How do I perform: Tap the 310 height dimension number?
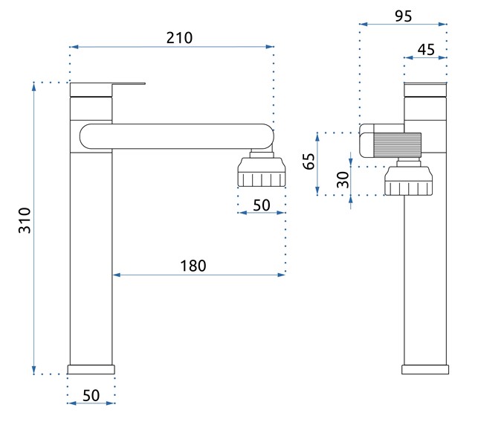point(25,220)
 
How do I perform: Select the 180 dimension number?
point(193,265)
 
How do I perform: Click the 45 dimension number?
point(426,49)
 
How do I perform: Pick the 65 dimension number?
point(309,162)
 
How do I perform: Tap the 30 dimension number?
point(343,179)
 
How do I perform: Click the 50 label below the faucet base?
point(91,395)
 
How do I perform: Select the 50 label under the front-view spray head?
point(261,205)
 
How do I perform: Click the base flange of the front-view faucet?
point(91,369)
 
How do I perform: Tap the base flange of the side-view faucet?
point(426,369)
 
